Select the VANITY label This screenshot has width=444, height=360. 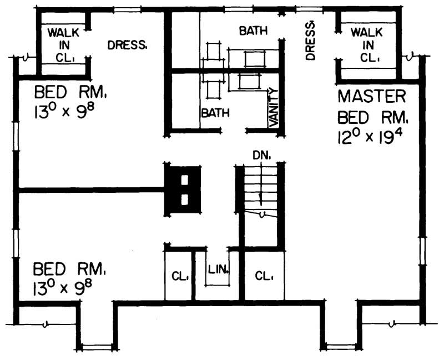click(273, 108)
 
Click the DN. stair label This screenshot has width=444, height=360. click(261, 156)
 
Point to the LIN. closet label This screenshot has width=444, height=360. click(219, 271)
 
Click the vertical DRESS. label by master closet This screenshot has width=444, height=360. click(310, 41)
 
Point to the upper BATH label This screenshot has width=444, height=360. click(253, 31)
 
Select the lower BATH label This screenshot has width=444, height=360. click(215, 113)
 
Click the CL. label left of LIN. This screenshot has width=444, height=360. click(179, 276)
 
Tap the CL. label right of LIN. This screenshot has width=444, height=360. click(261, 276)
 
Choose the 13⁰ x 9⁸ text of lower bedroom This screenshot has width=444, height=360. click(62, 288)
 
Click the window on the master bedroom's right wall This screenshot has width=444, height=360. click(422, 253)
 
